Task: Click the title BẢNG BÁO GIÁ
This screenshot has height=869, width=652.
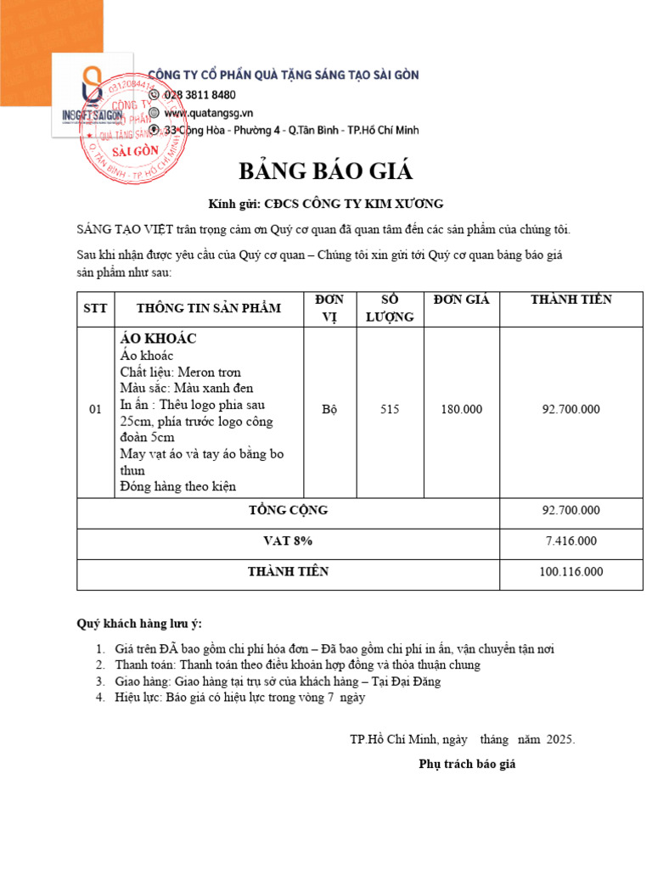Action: [x=325, y=171]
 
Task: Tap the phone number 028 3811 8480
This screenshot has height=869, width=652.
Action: [x=200, y=94]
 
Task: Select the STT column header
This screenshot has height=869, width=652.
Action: [x=95, y=309]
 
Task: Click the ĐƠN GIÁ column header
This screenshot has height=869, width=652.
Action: [x=461, y=300]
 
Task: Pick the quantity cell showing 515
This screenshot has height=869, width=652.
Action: [x=390, y=409]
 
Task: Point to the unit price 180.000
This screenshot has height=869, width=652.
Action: [x=461, y=409]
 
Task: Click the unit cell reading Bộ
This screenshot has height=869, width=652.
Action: [x=330, y=409]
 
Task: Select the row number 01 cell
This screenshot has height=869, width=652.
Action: [x=95, y=409]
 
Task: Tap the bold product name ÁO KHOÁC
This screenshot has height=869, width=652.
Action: [x=159, y=339]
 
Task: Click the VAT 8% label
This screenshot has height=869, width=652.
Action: [x=288, y=541]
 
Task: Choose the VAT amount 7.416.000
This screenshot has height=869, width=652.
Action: [x=570, y=541]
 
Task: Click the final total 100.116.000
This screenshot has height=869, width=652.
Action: [x=570, y=572]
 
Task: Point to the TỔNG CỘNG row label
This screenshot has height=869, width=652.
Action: [x=288, y=510]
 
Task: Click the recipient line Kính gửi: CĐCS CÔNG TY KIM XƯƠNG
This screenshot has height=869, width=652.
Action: [x=326, y=204]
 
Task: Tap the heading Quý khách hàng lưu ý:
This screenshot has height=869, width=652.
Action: [x=140, y=624]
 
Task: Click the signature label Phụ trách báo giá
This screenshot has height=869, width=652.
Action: [x=467, y=764]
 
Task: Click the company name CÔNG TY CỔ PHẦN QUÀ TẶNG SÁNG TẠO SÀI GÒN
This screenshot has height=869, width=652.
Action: [x=284, y=75]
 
